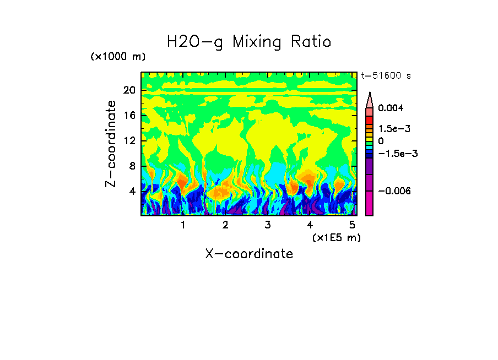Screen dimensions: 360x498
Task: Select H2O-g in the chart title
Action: pos(195,41)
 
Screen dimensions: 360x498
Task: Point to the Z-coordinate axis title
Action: pos(111,144)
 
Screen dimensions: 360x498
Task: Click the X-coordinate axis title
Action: pos(249,254)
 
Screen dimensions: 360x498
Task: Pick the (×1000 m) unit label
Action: pos(118,57)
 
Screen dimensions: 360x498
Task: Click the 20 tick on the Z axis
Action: pos(129,90)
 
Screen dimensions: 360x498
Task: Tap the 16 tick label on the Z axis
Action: pos(129,116)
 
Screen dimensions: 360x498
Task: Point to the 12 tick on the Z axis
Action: pos(129,141)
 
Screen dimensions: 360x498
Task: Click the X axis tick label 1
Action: pos(183,225)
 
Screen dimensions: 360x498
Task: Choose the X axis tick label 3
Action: pos(267,225)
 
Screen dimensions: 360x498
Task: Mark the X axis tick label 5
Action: pos(352,225)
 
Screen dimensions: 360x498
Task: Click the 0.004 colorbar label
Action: pos(391,108)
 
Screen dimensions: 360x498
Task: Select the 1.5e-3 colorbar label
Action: pos(394,128)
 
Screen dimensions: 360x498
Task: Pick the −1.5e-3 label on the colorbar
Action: pos(397,154)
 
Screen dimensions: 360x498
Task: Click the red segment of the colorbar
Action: pos(370,120)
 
